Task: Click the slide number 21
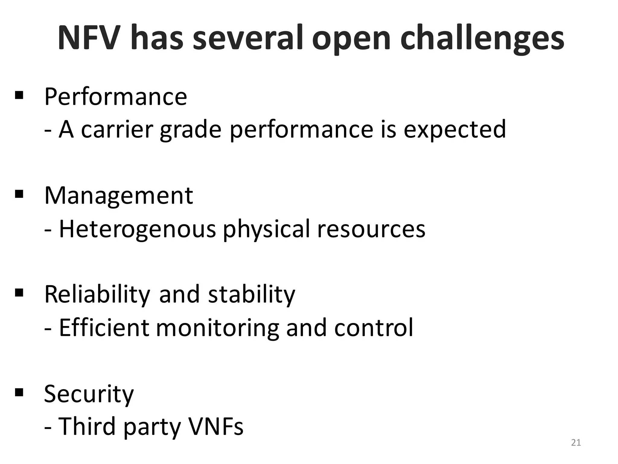click(576, 443)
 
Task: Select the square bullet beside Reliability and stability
click(19, 293)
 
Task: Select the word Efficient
click(104, 327)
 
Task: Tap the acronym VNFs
click(215, 426)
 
